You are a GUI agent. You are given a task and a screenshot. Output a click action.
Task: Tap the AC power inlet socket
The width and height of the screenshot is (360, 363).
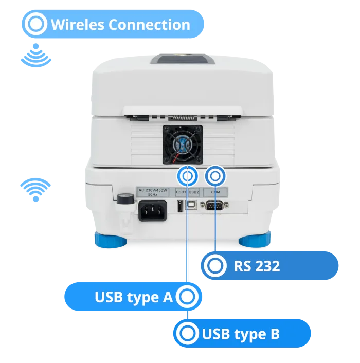pos(152,210)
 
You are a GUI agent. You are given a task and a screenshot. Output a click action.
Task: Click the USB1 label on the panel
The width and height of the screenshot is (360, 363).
pos(181,192)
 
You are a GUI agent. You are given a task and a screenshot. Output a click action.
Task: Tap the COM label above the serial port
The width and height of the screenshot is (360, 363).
pos(215,192)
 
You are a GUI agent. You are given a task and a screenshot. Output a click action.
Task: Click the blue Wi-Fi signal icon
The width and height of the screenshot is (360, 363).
pos(35,189)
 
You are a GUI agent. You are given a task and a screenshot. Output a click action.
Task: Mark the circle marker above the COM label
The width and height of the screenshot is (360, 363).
pos(215,176)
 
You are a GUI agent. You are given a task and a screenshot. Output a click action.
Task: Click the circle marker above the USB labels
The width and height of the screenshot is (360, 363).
pos(187,176)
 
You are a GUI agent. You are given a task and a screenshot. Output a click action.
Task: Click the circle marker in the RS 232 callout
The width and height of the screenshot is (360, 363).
pos(214,266)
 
